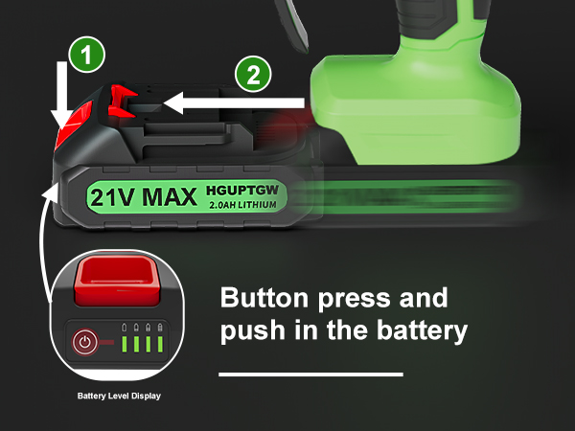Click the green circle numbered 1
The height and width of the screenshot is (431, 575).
pyautogui.click(x=88, y=57)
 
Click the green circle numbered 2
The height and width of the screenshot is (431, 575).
pyautogui.click(x=252, y=76)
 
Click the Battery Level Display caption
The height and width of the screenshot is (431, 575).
pyautogui.click(x=118, y=395)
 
